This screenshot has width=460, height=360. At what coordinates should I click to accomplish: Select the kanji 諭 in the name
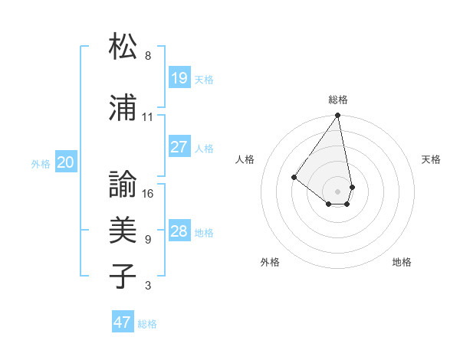tap(123, 184)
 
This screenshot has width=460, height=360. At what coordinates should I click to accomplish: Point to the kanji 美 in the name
tap(123, 229)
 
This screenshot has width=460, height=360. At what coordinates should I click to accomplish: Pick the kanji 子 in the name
tap(123, 276)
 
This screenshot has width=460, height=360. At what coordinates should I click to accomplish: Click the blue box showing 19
tap(179, 77)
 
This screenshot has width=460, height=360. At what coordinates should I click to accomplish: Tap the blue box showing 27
tap(179, 147)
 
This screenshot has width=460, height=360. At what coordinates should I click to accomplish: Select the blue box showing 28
tap(179, 231)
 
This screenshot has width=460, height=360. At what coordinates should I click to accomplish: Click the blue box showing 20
tap(66, 162)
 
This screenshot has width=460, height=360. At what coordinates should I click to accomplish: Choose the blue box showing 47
tap(123, 322)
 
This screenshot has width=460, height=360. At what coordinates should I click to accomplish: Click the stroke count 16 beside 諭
tap(148, 194)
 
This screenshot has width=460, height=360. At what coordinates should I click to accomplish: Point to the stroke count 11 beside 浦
tap(147, 117)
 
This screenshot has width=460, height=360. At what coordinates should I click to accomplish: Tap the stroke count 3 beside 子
tap(147, 286)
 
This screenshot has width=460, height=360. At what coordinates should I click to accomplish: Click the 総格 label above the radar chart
tap(337, 100)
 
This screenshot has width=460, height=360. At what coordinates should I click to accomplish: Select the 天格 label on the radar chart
tap(431, 159)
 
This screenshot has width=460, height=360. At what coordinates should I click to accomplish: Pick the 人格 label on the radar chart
tap(245, 159)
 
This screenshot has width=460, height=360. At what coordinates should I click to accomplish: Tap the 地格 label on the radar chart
tap(402, 263)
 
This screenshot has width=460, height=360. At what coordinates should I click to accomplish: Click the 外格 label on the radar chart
tap(270, 263)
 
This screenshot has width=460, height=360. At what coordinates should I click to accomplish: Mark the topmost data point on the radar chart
tap(337, 116)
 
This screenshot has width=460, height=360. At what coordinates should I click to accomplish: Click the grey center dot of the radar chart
tap(337, 191)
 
